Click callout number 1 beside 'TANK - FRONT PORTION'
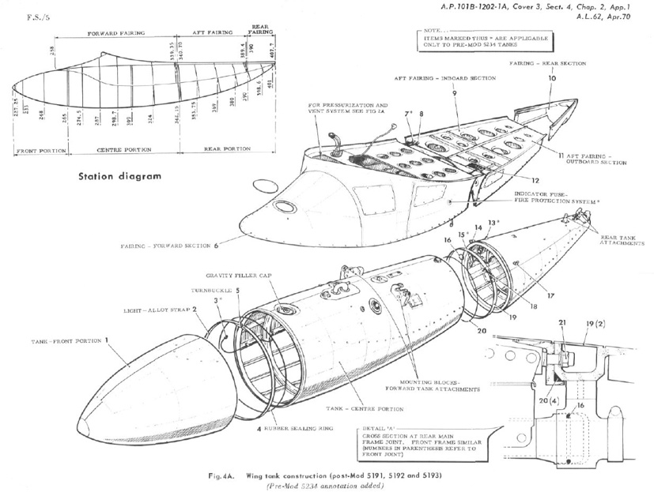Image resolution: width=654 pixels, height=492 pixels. [107, 340]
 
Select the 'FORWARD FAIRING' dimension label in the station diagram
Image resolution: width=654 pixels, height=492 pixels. [115, 35]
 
